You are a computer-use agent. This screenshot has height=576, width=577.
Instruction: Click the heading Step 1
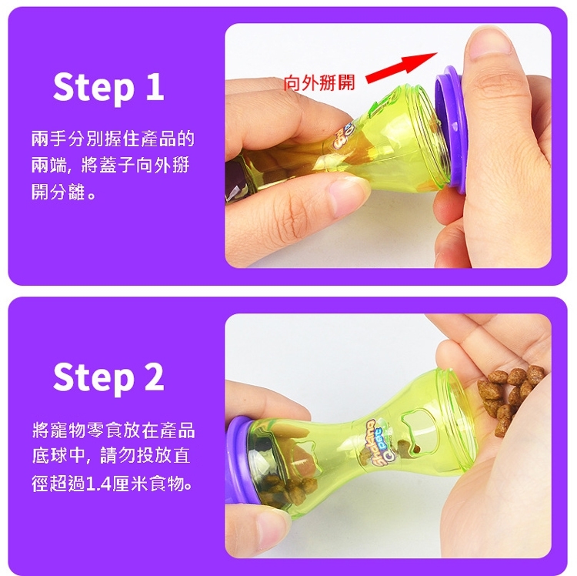coord(108,87)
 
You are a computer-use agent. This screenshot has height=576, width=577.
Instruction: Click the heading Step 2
coord(108,377)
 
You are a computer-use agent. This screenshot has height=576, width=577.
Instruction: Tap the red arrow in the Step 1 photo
coord(401,69)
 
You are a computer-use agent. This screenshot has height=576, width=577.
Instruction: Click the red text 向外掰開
coord(319,82)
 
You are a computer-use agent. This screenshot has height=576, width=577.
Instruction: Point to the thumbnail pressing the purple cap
coord(490,43)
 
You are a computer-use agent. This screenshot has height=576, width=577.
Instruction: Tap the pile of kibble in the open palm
coord(509,397)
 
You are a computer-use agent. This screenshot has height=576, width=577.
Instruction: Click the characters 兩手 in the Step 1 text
coord(49,139)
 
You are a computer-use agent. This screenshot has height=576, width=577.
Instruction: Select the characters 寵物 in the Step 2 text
coord(68,430)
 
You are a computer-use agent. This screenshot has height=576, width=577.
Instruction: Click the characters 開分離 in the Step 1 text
coord(58,192)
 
